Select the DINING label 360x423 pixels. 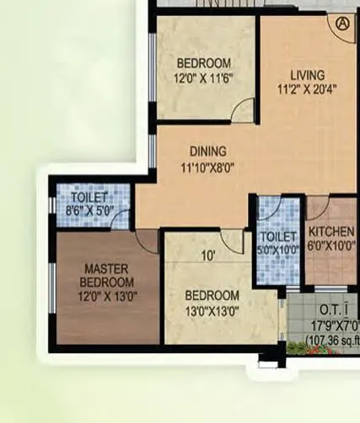click(x=206, y=153)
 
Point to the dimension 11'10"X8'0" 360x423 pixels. click(x=206, y=167)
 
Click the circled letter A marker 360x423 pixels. click(x=342, y=24)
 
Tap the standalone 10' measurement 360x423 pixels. click(x=209, y=255)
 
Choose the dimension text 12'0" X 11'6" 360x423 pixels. click(x=203, y=78)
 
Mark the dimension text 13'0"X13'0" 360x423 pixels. click(x=212, y=310)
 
